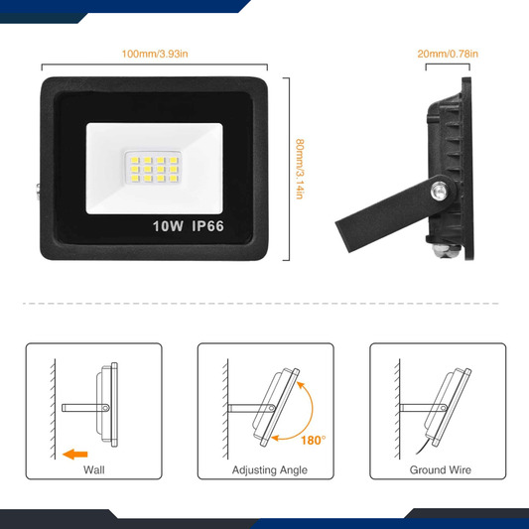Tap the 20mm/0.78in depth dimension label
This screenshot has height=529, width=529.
pyautogui.click(x=447, y=53)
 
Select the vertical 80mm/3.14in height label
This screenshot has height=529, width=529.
pyautogui.click(x=298, y=169)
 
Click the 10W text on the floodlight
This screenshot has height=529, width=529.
pyautogui.click(x=168, y=225)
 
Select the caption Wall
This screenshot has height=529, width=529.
pyautogui.click(x=93, y=470)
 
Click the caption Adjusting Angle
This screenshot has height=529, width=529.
pyautogui.click(x=266, y=470)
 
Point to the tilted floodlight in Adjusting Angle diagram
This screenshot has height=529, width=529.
pyautogui.click(x=273, y=405)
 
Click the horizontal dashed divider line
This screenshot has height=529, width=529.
pyautogui.click(x=264, y=304)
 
